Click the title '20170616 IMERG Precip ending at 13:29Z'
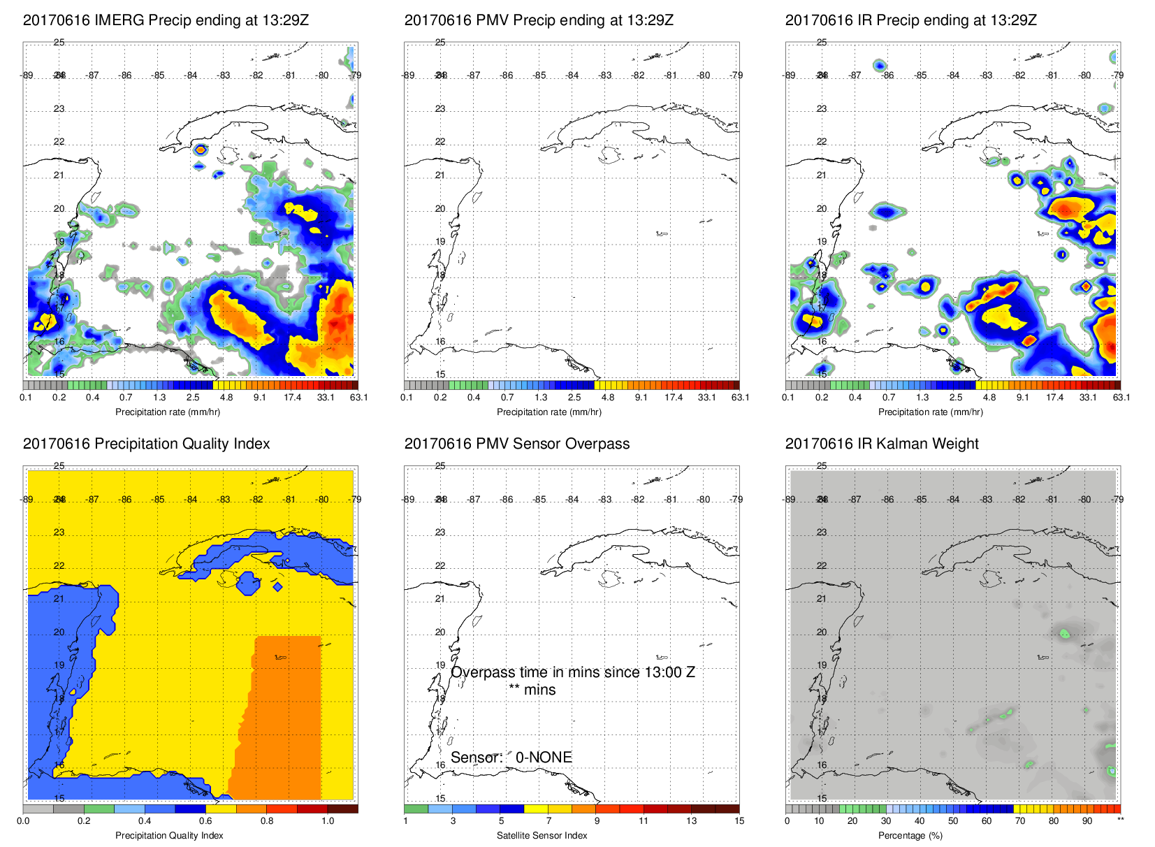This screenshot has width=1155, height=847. pos(166,20)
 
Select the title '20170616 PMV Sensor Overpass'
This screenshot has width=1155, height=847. pos(516,444)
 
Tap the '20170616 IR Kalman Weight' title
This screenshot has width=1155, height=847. pos(881,444)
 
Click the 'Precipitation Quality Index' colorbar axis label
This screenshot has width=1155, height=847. pos(169,835)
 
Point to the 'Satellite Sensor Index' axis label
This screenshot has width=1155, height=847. pos(542,835)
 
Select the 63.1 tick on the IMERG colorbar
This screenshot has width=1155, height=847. pos(358,398)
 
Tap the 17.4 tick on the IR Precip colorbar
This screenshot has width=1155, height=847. pos(1054,398)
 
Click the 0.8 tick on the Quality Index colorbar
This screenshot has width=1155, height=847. pos(267,820)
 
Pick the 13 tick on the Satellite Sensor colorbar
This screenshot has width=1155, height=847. pos(691,820)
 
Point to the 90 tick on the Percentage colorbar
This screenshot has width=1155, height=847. pos(1087,820)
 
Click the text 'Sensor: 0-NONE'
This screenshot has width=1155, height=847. pos(511,758)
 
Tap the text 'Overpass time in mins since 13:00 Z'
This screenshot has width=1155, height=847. pos(572,672)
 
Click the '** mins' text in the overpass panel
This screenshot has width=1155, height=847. pos(532,690)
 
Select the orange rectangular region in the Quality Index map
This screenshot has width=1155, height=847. pos(286,713)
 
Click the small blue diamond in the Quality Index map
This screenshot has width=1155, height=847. pos(278,586)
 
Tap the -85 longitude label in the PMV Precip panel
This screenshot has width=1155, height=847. pos(539,75)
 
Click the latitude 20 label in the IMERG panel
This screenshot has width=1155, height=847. pos(59,208)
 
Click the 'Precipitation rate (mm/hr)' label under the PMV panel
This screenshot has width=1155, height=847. pos(549,412)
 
